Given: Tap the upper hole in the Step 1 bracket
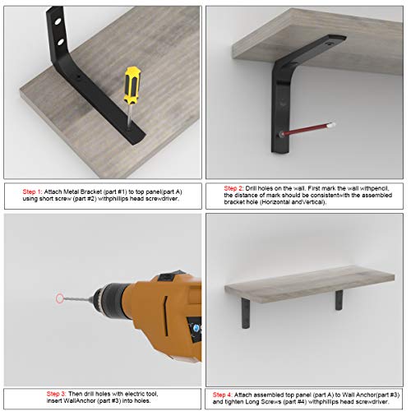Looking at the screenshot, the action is click(58, 21).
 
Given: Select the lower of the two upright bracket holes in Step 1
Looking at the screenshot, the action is click(60, 42).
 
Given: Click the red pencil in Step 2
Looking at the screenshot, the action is click(307, 129).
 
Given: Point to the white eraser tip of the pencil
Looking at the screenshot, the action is click(331, 125).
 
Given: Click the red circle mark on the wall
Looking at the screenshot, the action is click(60, 298).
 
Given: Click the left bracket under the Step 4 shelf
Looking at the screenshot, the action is click(246, 313).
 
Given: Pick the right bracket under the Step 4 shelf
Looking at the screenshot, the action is click(339, 300).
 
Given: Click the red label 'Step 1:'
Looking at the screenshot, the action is click(32, 192).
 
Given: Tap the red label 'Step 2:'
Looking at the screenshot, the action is click(233, 188).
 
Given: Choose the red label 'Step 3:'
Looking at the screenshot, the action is click(56, 394).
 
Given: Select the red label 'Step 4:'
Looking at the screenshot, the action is click(223, 395).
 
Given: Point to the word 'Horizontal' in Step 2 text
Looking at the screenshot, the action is click(277, 202).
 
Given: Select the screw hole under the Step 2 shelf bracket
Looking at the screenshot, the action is click(328, 44).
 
